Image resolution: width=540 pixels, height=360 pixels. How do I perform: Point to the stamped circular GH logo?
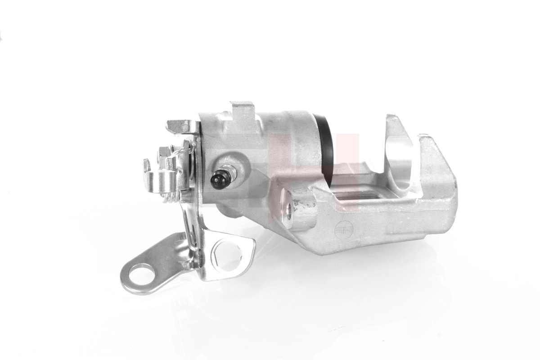345,230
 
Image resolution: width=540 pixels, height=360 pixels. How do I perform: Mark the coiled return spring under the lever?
170,198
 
